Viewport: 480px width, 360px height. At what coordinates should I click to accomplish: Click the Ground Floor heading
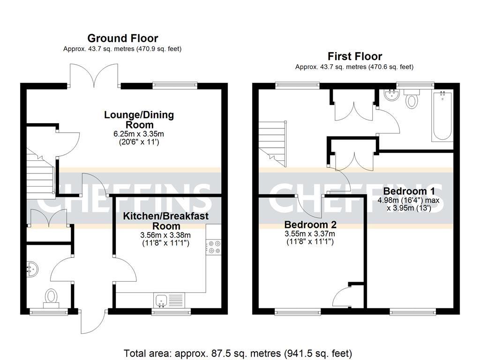122,38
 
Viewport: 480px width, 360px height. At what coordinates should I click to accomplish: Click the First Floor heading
354,57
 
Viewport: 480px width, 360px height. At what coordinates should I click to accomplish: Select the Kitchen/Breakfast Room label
165,221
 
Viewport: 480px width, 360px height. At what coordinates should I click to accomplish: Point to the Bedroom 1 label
409,191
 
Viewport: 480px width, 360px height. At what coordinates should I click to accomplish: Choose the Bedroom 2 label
310,224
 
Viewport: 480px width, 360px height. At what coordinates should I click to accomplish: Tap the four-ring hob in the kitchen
214,247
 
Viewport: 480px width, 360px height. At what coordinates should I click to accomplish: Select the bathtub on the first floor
442,116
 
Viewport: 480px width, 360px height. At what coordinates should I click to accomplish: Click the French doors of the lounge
94,75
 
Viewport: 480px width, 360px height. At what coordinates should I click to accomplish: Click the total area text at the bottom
238,353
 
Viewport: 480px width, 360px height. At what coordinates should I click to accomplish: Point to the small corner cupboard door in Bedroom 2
343,296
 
